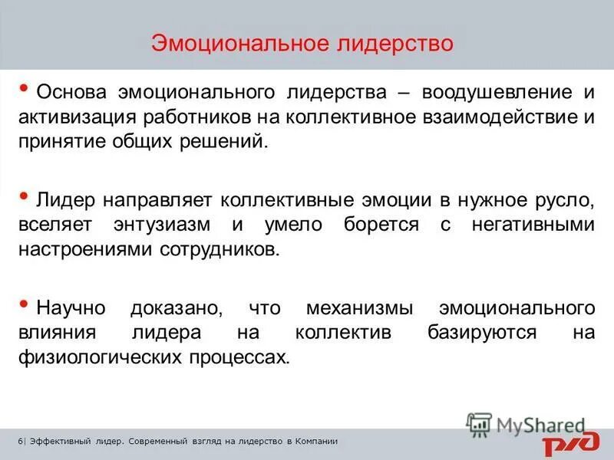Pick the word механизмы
pos(350,309)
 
